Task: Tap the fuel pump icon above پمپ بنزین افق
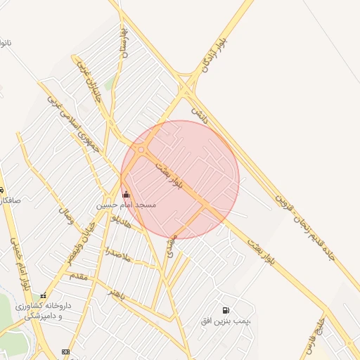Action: pyautogui.click(x=225, y=310)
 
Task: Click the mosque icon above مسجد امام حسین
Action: pyautogui.click(x=126, y=194)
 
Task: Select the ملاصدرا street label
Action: pyautogui.click(x=118, y=255)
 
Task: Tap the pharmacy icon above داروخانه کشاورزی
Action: pyautogui.click(x=44, y=296)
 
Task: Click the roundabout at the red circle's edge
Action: pyautogui.click(x=141, y=150)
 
